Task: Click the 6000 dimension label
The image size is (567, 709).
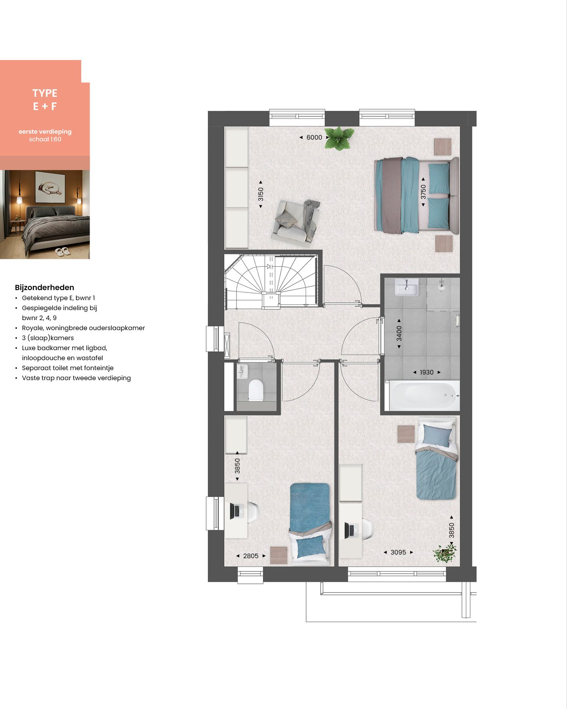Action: pos(314,137)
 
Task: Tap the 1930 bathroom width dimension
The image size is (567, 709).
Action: pos(427,372)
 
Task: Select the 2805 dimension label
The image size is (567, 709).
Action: pos(251,556)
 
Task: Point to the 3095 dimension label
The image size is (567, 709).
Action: pos(398,552)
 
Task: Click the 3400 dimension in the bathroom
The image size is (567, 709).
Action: pos(399,333)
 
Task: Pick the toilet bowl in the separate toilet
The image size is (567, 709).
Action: pos(256,390)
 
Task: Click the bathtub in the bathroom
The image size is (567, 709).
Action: pos(422,395)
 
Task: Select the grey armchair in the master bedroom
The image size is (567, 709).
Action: pos(296,220)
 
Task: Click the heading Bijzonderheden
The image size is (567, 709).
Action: pos(44,287)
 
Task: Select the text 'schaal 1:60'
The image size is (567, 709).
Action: pos(45,139)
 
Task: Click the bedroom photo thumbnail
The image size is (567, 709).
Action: pos(45,214)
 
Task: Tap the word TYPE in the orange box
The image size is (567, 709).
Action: pos(45,93)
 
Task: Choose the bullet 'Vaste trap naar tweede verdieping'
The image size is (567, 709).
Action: pos(76,378)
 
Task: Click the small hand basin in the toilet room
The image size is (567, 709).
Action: pos(242,372)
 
